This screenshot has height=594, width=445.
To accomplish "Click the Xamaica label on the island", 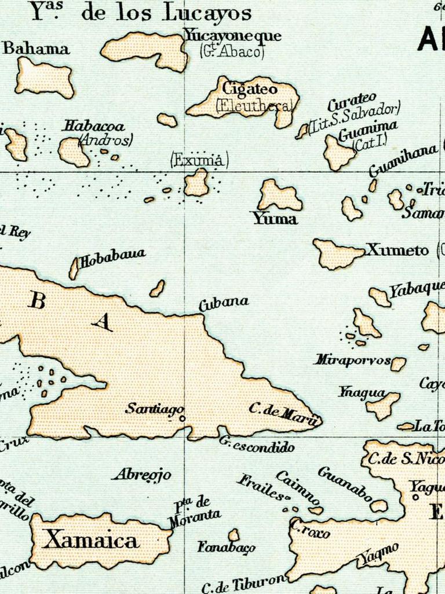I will (92, 541).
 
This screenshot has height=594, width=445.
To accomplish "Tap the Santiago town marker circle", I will (181, 418).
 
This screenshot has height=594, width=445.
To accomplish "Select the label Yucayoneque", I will (232, 35).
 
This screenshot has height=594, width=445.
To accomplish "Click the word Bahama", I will (36, 49).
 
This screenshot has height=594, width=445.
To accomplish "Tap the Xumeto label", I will (397, 251).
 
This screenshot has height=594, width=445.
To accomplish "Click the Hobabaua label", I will (112, 258).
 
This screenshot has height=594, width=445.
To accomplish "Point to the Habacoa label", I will (94, 126).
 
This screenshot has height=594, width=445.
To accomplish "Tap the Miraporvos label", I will (352, 360).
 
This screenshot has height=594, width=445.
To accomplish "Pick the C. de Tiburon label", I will (244, 584).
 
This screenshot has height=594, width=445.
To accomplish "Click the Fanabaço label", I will (226, 547).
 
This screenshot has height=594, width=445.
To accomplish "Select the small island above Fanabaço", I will (234, 534).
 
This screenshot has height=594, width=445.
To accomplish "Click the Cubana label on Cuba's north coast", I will (224, 303).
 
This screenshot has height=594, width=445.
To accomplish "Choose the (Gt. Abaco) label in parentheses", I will (232, 51).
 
